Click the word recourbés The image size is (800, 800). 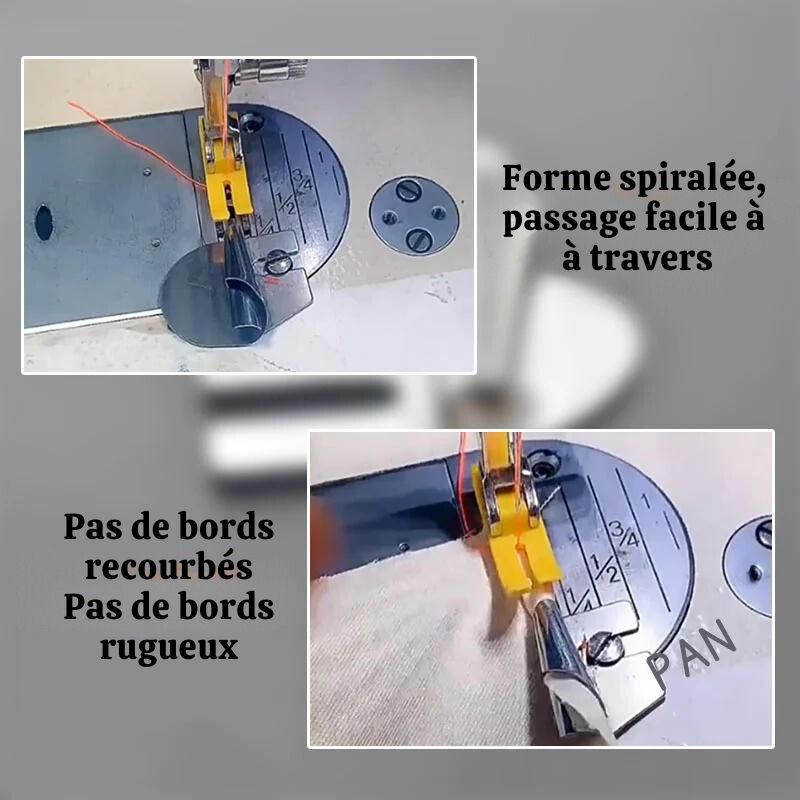[x=169, y=566]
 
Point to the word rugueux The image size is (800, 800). [x=169, y=648]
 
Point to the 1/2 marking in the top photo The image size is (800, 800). [x=286, y=203]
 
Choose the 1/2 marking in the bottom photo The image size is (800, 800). [x=605, y=568]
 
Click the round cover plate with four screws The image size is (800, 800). [x=414, y=216]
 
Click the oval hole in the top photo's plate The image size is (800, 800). [x=44, y=222]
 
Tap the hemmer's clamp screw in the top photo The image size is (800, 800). [x=278, y=263]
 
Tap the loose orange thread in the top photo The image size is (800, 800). [x=137, y=145]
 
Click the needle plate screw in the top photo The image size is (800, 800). [x=251, y=122]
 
